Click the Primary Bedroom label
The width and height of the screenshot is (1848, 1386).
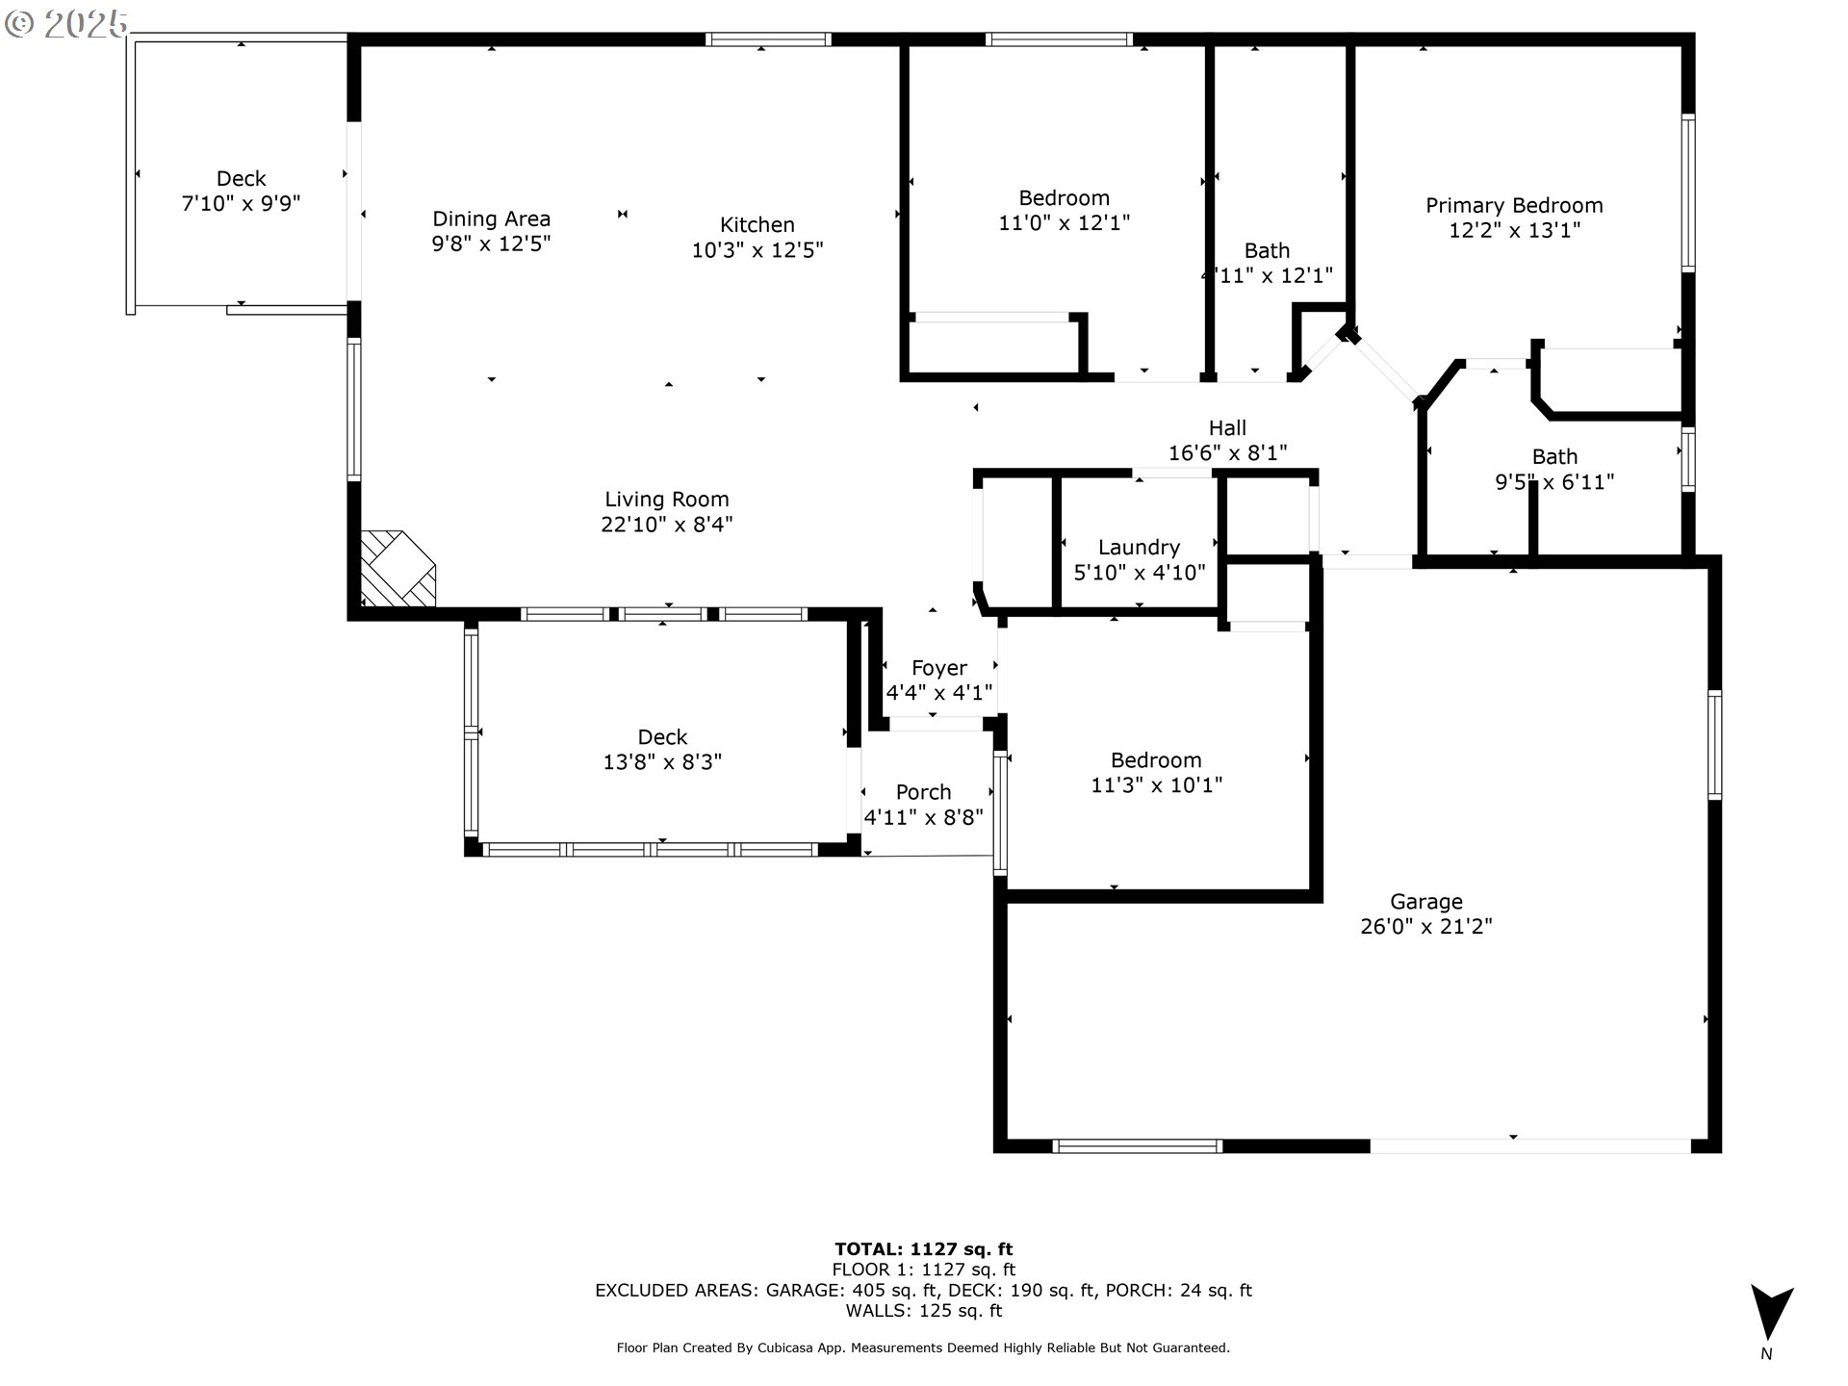click(1514, 205)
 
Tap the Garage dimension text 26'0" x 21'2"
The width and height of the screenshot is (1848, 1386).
click(1425, 927)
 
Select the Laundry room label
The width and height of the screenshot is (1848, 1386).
click(1139, 548)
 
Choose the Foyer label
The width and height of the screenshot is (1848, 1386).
click(938, 668)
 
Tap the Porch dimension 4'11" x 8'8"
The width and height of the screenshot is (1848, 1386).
click(923, 818)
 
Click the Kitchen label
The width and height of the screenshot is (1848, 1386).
click(757, 225)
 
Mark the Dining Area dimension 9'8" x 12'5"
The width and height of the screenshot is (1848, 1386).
click(491, 244)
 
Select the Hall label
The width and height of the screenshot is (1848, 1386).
click(1227, 427)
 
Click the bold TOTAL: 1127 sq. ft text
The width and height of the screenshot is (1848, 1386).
click(923, 1249)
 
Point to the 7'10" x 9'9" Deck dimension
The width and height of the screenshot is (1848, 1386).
click(241, 203)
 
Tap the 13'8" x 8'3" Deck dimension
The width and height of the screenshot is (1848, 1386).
click(662, 762)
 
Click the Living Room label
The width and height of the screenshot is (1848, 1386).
click(666, 500)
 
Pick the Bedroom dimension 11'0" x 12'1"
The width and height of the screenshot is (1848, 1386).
click(1064, 223)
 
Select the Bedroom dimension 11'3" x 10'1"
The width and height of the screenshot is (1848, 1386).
click(1156, 785)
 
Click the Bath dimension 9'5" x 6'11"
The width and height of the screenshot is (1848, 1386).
click(1553, 482)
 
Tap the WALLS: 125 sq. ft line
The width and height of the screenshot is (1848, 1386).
click(923, 1311)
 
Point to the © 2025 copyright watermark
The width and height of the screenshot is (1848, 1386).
click(65, 23)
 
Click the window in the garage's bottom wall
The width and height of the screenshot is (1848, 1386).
click(1138, 1146)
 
